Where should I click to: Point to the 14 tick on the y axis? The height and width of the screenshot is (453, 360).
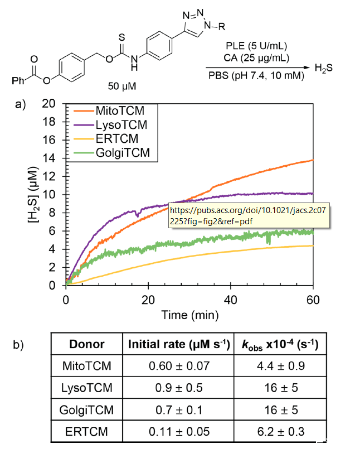(x=52, y=158)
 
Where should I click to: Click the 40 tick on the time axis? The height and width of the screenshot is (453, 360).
(x=230, y=300)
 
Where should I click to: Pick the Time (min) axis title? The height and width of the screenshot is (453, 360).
(x=189, y=315)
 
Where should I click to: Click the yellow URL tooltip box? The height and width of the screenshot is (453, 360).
(x=247, y=216)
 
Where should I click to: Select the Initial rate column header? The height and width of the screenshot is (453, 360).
(x=180, y=344)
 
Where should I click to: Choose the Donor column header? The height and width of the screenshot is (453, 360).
(x=87, y=344)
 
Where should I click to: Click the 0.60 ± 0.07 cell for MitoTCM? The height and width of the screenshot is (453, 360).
(x=180, y=367)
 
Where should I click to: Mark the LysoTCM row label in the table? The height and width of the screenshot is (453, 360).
(x=87, y=388)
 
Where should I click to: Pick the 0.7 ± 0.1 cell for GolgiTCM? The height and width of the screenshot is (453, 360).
(x=180, y=410)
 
